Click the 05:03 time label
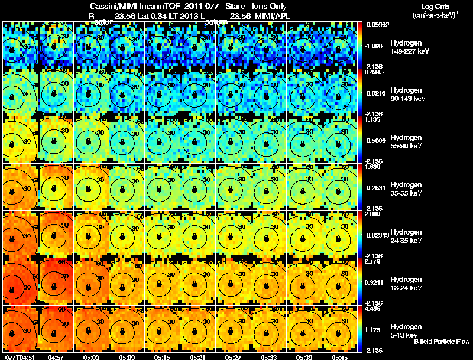pos(91,357)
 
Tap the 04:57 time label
pos(56,357)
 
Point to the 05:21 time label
pos(197,357)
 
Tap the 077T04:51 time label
pos(18,357)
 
